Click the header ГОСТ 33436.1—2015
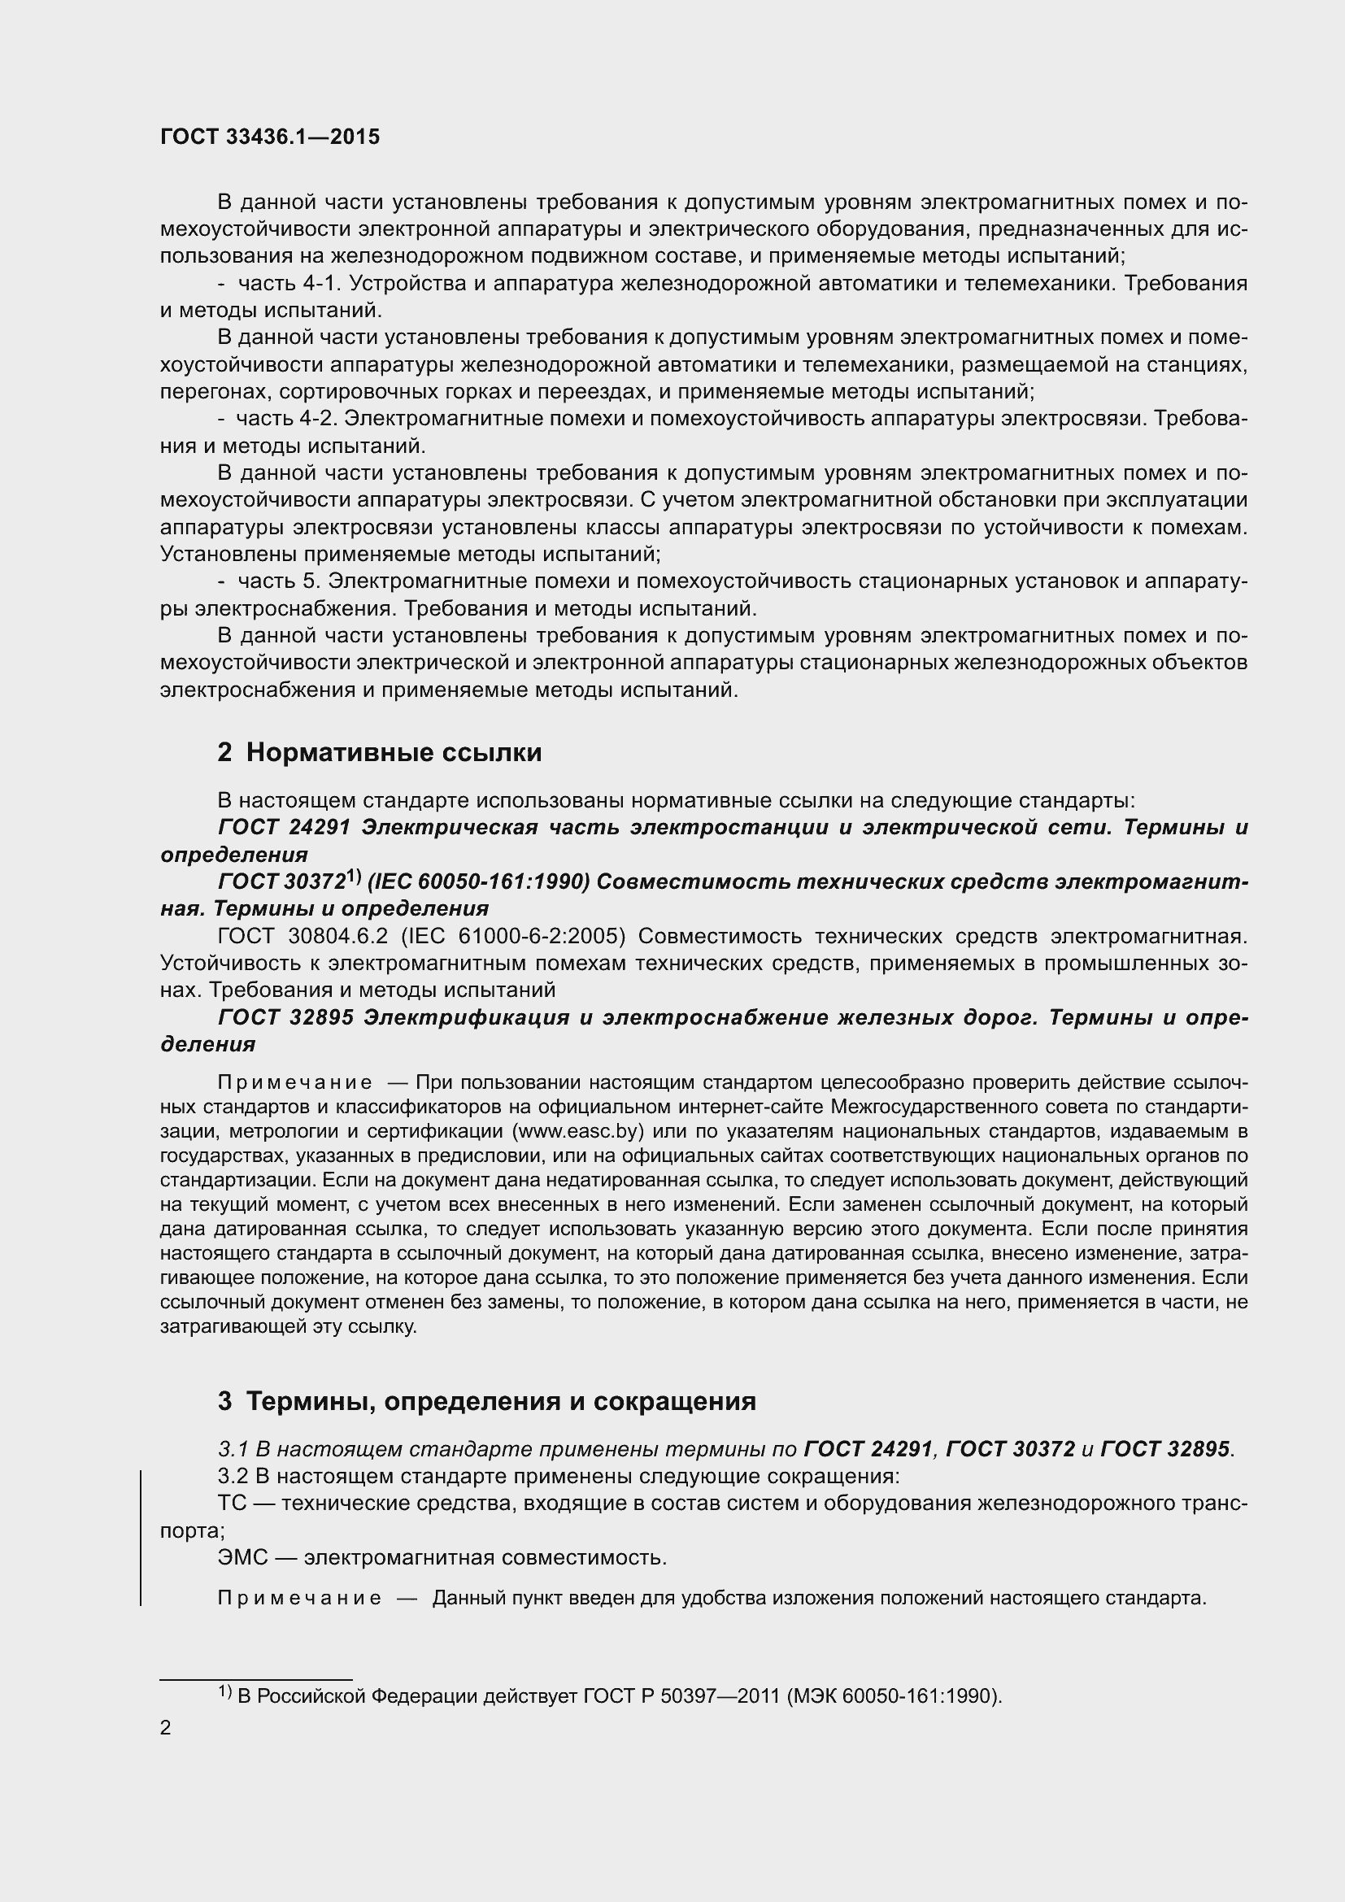click(270, 137)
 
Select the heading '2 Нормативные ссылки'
click(379, 752)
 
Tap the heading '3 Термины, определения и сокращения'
click(486, 1401)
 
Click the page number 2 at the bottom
click(166, 1727)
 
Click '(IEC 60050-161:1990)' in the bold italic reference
click(478, 882)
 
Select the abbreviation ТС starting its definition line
click(232, 1504)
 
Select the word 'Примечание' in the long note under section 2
click(294, 1082)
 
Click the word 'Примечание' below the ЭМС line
click(299, 1598)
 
